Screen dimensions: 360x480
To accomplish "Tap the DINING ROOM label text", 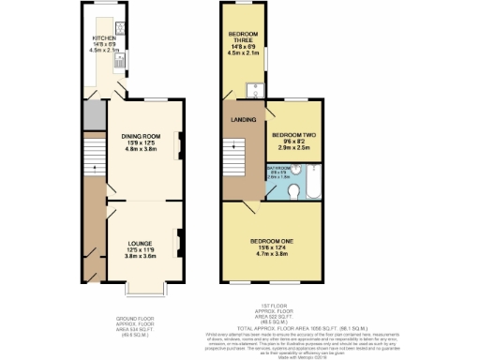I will pyautogui.click(x=141, y=137).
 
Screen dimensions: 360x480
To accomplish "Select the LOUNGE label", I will pyautogui.click(x=141, y=243).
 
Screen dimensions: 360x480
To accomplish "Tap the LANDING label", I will pyautogui.click(x=239, y=119).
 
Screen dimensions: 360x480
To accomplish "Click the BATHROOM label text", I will pyautogui.click(x=279, y=169).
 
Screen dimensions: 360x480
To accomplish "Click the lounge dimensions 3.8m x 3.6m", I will pyautogui.click(x=141, y=254).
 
